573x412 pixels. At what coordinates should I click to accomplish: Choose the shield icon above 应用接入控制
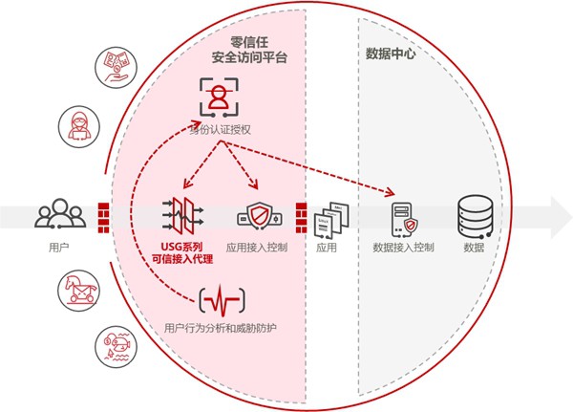[x=258, y=215]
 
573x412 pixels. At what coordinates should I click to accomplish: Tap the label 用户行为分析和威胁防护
[x=221, y=331]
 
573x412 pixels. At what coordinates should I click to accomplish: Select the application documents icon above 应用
[x=328, y=219]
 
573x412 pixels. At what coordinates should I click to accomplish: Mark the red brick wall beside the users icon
[x=105, y=215]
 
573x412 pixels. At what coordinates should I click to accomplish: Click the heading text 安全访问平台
[x=249, y=59]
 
